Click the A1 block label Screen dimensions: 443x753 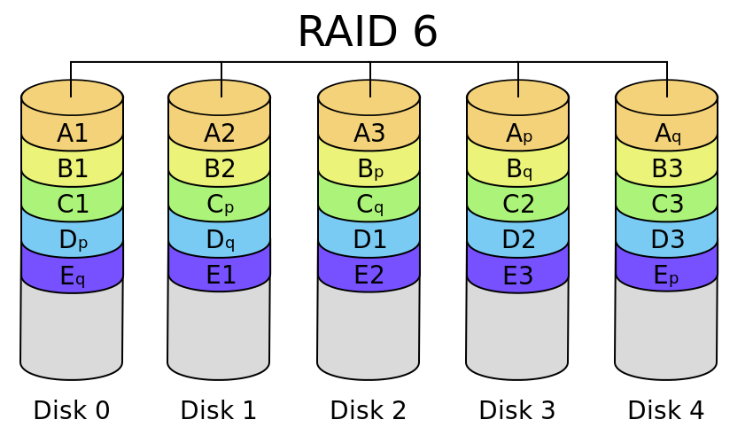click(72, 134)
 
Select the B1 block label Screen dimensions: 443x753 click(72, 169)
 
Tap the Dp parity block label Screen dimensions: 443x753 click(72, 240)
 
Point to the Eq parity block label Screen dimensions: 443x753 click(72, 276)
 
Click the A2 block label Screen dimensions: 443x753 click(219, 134)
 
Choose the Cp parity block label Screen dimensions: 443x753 click(219, 205)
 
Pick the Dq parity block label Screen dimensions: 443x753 click(219, 240)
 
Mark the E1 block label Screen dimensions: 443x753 click(219, 276)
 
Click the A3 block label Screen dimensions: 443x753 click(369, 134)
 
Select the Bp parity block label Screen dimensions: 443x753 click(369, 169)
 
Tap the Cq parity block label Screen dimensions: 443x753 click(369, 205)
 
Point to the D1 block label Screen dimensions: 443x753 click(369, 240)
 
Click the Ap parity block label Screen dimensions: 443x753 click(518, 134)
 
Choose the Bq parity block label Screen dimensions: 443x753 click(518, 169)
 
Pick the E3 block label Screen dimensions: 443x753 click(518, 276)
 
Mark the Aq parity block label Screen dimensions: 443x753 click(666, 134)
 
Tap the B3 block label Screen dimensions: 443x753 click(666, 169)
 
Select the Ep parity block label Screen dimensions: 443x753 click(666, 276)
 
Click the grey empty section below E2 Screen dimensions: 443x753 click(369, 332)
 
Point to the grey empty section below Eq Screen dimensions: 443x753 click(72, 332)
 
